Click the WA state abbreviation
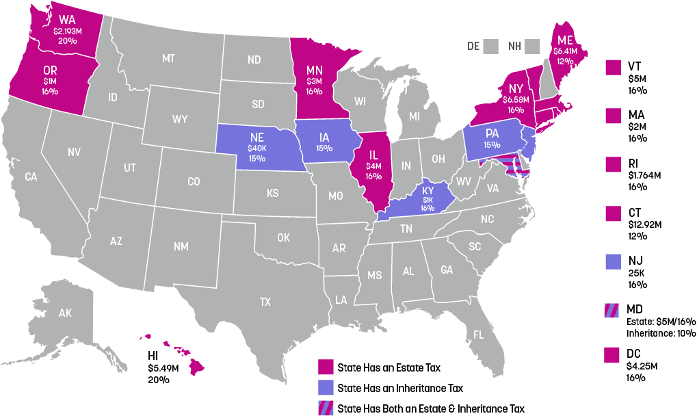[67, 19]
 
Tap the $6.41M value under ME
[565, 51]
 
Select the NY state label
[515, 88]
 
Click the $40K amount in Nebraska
[257, 148]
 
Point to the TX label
[265, 301]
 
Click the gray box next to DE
[490, 47]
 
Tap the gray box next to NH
[532, 47]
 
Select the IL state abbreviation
[373, 155]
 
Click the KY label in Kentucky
[428, 190]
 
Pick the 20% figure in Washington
[67, 41]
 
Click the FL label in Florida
[479, 335]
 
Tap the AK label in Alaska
[65, 313]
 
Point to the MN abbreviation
[314, 70]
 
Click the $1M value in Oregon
[50, 81]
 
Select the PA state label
[492, 133]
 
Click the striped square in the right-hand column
[612, 310]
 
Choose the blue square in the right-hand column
[613, 261]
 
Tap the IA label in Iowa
[324, 136]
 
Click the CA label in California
[31, 177]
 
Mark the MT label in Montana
[169, 59]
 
